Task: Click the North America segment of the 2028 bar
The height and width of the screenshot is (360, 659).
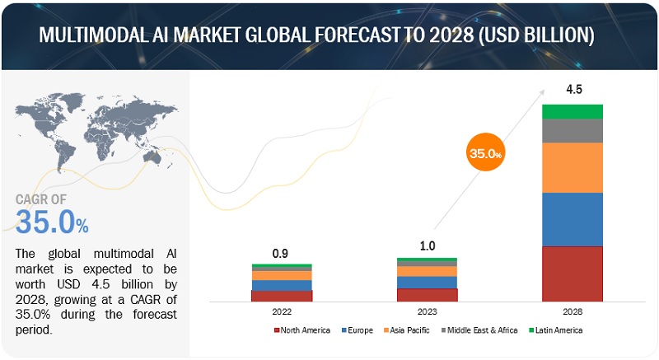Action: tap(572, 274)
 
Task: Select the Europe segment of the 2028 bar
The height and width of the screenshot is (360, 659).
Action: tap(572, 219)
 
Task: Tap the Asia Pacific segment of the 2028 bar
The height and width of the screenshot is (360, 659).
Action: tap(572, 167)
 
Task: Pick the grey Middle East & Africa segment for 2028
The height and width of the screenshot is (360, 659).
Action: tap(572, 131)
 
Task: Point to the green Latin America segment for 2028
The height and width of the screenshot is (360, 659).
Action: tap(572, 111)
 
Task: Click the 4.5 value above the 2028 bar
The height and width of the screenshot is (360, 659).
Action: tap(572, 89)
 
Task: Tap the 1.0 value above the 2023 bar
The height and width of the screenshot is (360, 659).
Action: tap(427, 245)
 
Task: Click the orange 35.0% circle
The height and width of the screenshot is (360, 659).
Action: tap(486, 152)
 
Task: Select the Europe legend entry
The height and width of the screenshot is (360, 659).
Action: tap(359, 330)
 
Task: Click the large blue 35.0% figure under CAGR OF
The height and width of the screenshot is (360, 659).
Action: tap(51, 221)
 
